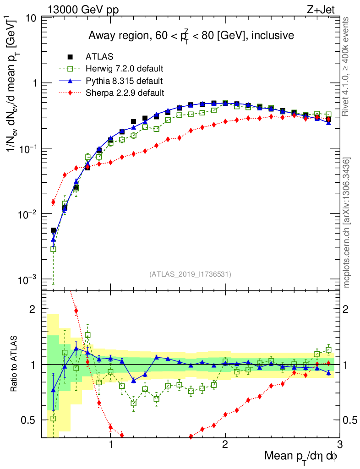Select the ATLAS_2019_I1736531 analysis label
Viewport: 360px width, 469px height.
190,274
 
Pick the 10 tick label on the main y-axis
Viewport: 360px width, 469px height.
32,18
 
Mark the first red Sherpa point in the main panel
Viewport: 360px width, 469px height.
53,202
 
